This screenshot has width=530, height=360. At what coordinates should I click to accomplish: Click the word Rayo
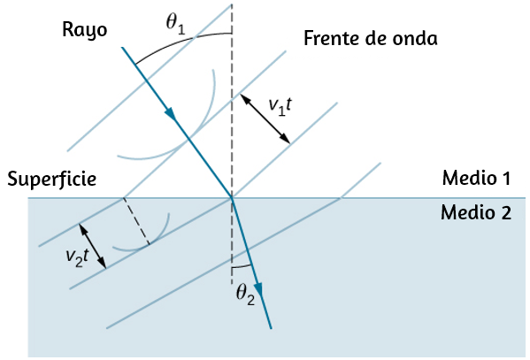tap(85, 31)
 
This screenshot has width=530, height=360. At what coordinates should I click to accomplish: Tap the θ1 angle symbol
tap(176, 25)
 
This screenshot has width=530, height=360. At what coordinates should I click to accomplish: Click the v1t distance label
tap(280, 106)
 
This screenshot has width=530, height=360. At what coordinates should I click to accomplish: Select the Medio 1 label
tap(476, 178)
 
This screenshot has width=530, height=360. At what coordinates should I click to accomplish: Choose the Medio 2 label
tap(476, 212)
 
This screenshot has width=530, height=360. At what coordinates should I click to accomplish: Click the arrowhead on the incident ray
tap(171, 114)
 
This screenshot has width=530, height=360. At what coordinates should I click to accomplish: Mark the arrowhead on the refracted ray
tap(258, 290)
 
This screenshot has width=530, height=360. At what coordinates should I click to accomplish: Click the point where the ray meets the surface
tap(232, 197)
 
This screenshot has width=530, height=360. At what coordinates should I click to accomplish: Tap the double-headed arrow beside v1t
tap(265, 119)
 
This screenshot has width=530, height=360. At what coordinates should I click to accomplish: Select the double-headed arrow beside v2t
tap(93, 246)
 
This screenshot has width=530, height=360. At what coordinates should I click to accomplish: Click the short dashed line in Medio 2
tap(136, 221)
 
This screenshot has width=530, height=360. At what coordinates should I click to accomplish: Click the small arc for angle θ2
tap(242, 267)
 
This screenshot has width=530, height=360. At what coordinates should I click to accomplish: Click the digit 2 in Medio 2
tap(505, 213)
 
